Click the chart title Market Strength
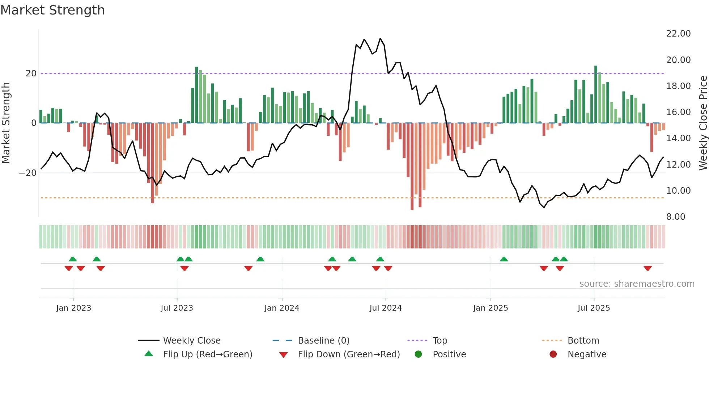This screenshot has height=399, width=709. [52, 10]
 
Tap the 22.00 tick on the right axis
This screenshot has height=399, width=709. [678, 34]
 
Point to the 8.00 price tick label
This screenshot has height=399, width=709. [675, 217]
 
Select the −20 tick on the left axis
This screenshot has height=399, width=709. [28, 173]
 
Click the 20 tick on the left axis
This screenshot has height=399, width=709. [31, 73]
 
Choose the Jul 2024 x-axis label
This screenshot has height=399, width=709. [385, 308]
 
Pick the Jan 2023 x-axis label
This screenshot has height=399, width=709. [73, 308]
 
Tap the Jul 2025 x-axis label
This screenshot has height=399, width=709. [594, 308]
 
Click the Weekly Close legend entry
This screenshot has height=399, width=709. [191, 341]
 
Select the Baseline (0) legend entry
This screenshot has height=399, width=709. [323, 341]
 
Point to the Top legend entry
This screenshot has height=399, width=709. [440, 341]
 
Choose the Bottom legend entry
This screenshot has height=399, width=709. [583, 341]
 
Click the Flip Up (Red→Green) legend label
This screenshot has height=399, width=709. [207, 354]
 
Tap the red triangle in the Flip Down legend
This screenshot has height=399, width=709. [284, 355]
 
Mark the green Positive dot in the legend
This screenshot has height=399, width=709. [418, 354]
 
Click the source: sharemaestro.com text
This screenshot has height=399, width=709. [637, 284]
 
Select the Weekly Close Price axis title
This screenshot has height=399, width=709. [703, 123]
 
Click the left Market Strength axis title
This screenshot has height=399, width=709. [6, 123]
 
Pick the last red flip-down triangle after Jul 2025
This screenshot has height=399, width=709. [648, 268]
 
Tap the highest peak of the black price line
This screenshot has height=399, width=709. [380, 39]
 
